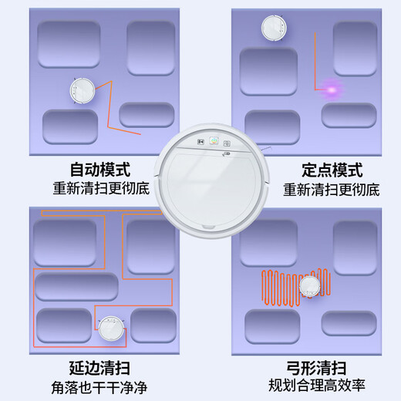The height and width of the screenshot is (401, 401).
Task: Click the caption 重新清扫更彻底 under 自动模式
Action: pyautogui.click(x=99, y=188)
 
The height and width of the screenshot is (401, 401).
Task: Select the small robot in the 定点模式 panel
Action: pyautogui.click(x=272, y=28)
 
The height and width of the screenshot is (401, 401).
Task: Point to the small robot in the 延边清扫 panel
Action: pyautogui.click(x=110, y=330)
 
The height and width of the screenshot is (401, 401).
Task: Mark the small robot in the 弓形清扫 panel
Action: pyautogui.click(x=310, y=288)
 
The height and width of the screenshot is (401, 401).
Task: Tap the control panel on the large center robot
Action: pyautogui.click(x=207, y=142)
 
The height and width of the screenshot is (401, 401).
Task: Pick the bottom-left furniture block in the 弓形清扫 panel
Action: pyautogui.click(x=271, y=325)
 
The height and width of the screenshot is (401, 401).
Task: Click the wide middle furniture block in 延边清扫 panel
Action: pyautogui.click(x=76, y=286)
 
